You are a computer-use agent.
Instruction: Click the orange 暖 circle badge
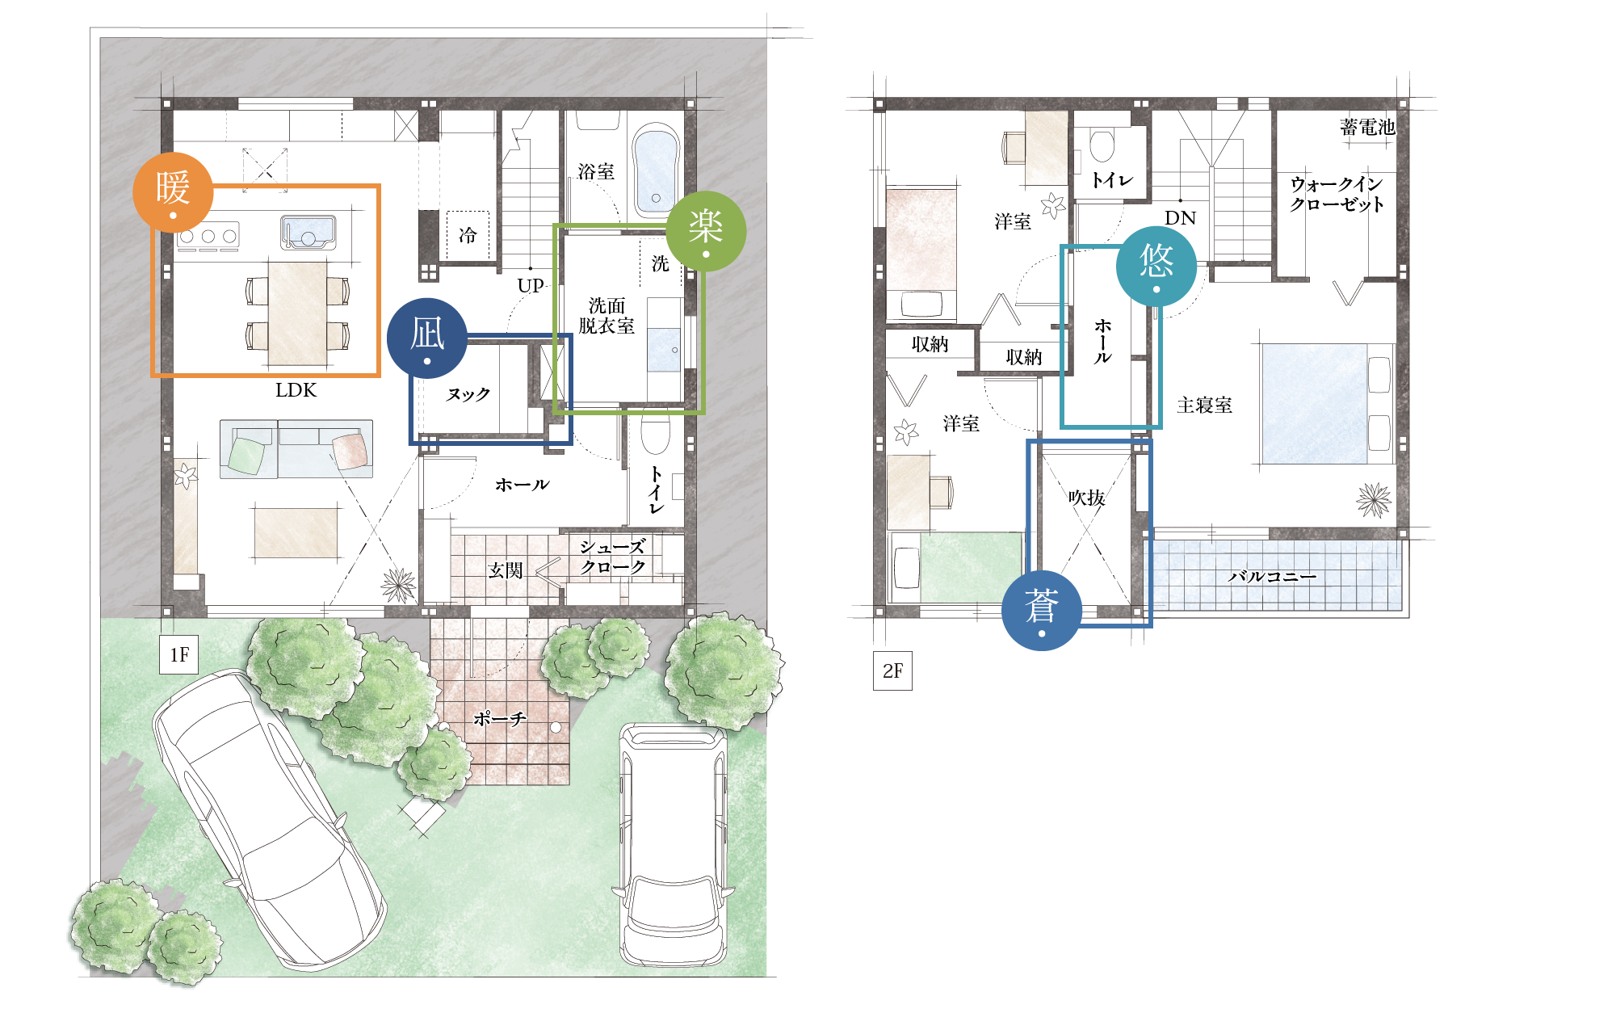pyautogui.click(x=173, y=192)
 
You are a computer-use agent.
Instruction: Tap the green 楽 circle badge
pyautogui.click(x=706, y=230)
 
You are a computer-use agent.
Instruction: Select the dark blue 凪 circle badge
pyautogui.click(x=427, y=338)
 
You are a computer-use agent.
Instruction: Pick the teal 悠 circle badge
pyautogui.click(x=1156, y=265)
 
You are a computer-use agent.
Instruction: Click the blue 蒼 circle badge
pyautogui.click(x=1042, y=610)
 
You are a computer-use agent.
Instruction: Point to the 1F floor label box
pyautogui.click(x=179, y=654)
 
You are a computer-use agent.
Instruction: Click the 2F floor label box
pyautogui.click(x=892, y=670)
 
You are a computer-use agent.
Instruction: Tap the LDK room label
pyautogui.click(x=296, y=390)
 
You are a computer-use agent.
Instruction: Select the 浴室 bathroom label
pyautogui.click(x=596, y=171)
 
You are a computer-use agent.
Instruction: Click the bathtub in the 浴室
pyautogui.click(x=656, y=170)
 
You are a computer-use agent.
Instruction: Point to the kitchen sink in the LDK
pyautogui.click(x=308, y=231)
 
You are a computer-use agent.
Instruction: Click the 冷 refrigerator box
pyautogui.click(x=468, y=235)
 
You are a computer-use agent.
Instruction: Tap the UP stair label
pyautogui.click(x=531, y=285)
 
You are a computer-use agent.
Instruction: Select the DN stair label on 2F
pyautogui.click(x=1180, y=217)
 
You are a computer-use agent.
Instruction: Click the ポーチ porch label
pyautogui.click(x=500, y=718)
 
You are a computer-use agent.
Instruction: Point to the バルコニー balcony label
pyautogui.click(x=1272, y=576)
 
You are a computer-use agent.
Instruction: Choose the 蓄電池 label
pyautogui.click(x=1367, y=127)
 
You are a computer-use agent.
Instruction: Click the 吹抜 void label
pyautogui.click(x=1086, y=498)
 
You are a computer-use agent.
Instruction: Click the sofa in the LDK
pyautogui.click(x=296, y=448)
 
